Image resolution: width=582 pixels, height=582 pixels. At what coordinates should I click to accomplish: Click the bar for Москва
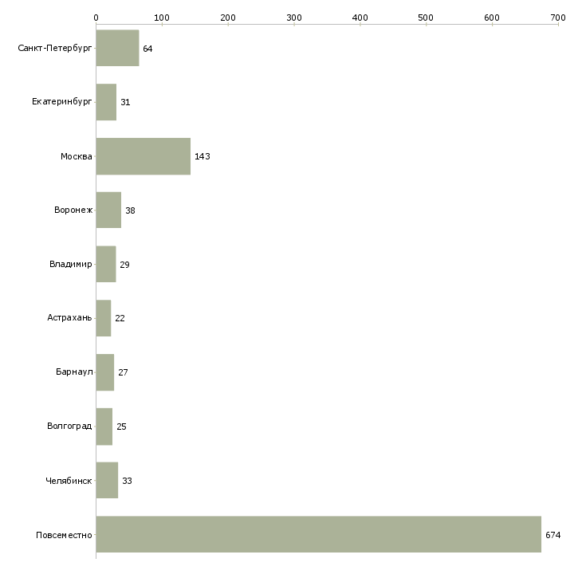144,156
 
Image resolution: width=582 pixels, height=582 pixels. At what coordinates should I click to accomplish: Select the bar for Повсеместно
318,534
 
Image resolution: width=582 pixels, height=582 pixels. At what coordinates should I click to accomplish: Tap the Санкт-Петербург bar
117,49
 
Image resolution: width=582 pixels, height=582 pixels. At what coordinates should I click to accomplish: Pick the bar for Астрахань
104,318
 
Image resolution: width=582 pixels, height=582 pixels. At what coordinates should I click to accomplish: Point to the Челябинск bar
107,481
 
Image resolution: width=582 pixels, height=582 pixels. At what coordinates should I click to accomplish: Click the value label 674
553,535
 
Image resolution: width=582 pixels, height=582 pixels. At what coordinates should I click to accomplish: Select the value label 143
203,156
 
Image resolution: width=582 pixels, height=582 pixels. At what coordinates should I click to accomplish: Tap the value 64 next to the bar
147,49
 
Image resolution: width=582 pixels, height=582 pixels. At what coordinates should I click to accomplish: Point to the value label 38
130,210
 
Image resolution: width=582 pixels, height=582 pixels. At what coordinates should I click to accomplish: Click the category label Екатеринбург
62,103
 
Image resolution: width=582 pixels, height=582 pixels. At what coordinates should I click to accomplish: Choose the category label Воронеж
73,210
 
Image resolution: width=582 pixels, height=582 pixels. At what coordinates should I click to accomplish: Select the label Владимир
71,265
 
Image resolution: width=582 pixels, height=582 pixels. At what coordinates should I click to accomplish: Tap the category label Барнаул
74,372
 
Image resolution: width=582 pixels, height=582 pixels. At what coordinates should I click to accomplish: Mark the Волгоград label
69,427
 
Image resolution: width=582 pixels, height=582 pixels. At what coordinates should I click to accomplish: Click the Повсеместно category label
65,535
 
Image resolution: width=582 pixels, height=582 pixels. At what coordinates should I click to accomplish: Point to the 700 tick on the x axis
558,17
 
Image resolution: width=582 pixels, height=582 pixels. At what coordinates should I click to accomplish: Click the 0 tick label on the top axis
96,17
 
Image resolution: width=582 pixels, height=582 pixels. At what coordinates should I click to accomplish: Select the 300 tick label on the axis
294,17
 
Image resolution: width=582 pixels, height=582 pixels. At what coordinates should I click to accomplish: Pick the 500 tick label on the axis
427,17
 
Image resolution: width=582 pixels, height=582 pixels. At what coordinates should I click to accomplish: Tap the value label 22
120,318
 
